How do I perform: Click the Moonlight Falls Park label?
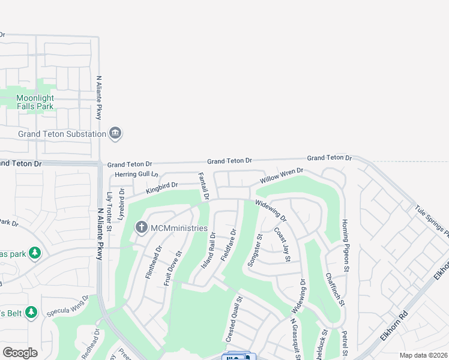point(35,102)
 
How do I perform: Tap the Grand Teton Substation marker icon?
point(116,133)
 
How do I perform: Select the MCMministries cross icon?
point(141,227)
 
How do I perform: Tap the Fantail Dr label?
point(203,186)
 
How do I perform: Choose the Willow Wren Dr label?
point(282,176)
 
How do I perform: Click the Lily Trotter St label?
point(109,211)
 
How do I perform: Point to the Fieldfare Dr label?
point(228,245)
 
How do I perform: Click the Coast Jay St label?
point(283,244)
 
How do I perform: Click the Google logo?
point(20,353)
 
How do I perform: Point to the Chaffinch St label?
point(334,290)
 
